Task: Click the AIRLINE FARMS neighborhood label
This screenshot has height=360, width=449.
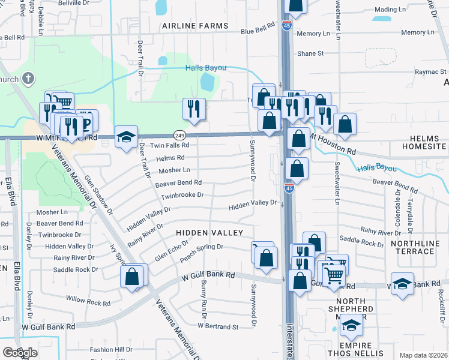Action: tap(195, 26)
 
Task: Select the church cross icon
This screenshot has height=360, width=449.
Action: tap(28, 79)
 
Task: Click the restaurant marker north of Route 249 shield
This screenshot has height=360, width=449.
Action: tap(194, 109)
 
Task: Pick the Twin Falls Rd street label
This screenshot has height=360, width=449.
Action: tap(169, 145)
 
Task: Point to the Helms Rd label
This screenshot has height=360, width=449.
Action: tap(170, 158)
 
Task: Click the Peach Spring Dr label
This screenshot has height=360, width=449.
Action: tap(202, 247)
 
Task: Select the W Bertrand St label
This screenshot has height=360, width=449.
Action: tap(218, 327)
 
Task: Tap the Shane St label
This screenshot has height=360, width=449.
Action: tap(310, 53)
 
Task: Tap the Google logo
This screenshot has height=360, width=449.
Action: tap(20, 353)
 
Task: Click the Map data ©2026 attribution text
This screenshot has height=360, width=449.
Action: tap(423, 355)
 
